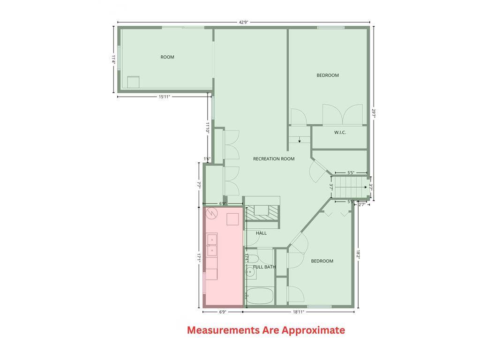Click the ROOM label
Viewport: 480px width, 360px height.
point(167,57)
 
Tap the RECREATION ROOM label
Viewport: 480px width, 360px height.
point(274,159)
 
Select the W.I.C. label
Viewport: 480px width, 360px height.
point(340,133)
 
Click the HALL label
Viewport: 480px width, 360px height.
point(261,233)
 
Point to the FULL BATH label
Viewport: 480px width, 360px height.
point(264,267)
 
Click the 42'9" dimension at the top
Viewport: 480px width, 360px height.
point(243,22)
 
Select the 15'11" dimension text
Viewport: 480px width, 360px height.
point(164,97)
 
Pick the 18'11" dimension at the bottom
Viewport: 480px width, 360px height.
point(298,312)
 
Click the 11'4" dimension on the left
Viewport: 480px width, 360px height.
point(113,59)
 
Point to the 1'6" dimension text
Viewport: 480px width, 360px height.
point(207,159)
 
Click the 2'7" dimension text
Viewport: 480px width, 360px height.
point(362,204)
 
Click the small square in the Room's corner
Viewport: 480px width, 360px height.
point(134,82)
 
